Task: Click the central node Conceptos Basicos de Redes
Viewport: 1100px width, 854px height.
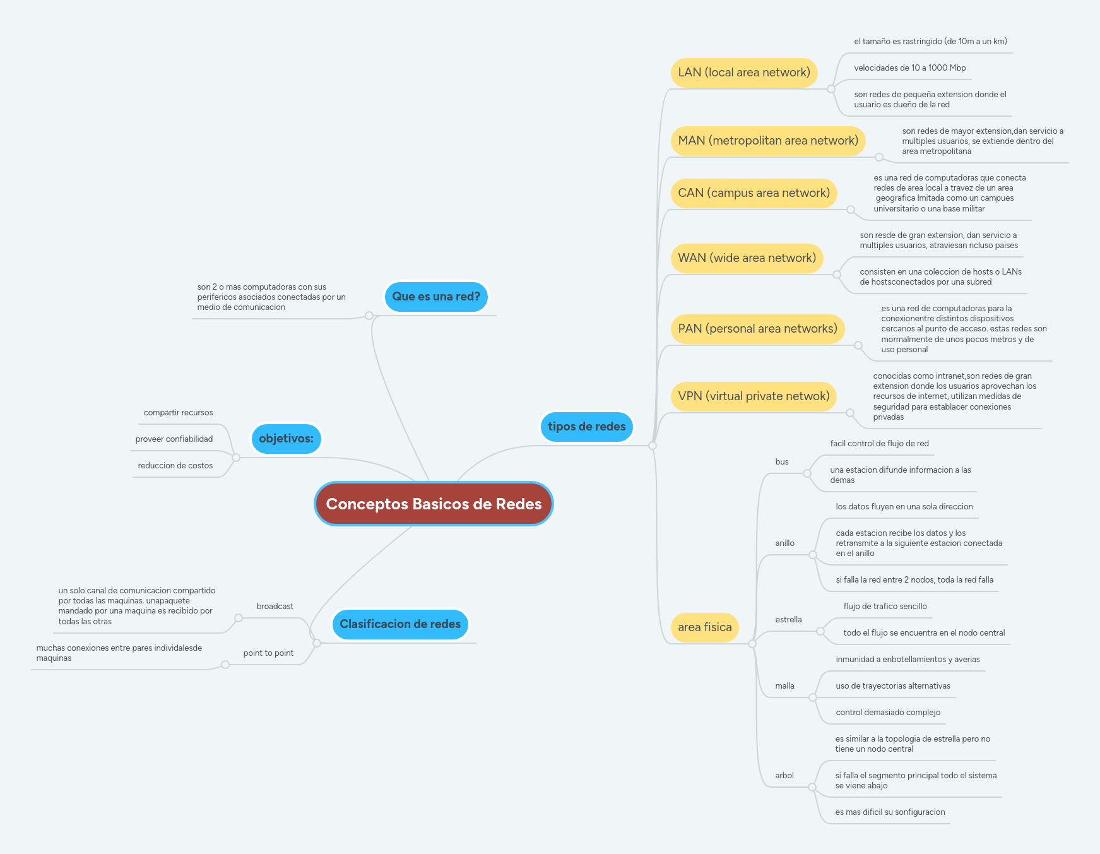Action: pyautogui.click(x=434, y=504)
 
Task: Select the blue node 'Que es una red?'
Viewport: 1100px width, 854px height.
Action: pyautogui.click(x=436, y=297)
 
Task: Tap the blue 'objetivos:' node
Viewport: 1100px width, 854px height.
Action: pyautogui.click(x=286, y=439)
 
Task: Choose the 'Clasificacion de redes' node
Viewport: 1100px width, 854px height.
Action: pyautogui.click(x=400, y=624)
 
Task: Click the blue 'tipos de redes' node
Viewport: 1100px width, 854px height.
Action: pyautogui.click(x=586, y=427)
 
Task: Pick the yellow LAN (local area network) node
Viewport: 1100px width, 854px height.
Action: pyautogui.click(x=743, y=73)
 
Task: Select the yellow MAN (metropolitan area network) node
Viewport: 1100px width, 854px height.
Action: pyautogui.click(x=767, y=141)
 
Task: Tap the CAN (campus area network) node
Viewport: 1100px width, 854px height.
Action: pyautogui.click(x=754, y=193)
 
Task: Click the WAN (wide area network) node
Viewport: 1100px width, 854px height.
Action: pyautogui.click(x=747, y=258)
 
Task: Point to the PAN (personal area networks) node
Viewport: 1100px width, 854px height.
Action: pyautogui.click(x=757, y=329)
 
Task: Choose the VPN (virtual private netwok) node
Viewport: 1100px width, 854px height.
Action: pyautogui.click(x=754, y=396)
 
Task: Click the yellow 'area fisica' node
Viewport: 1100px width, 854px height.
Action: pyautogui.click(x=704, y=627)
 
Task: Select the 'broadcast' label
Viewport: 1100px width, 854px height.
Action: pyautogui.click(x=275, y=607)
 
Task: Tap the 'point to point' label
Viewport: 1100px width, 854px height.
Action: pyautogui.click(x=268, y=653)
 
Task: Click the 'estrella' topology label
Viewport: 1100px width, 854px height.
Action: pyautogui.click(x=788, y=620)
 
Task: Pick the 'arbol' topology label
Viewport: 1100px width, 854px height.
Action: pyautogui.click(x=784, y=776)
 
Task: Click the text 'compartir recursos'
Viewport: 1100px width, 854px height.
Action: pyautogui.click(x=178, y=413)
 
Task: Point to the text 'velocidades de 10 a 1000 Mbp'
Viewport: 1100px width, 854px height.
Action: pyautogui.click(x=909, y=68)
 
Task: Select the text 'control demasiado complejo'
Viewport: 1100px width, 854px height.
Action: pyautogui.click(x=887, y=713)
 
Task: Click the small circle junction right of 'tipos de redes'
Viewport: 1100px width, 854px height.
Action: pyautogui.click(x=653, y=446)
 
